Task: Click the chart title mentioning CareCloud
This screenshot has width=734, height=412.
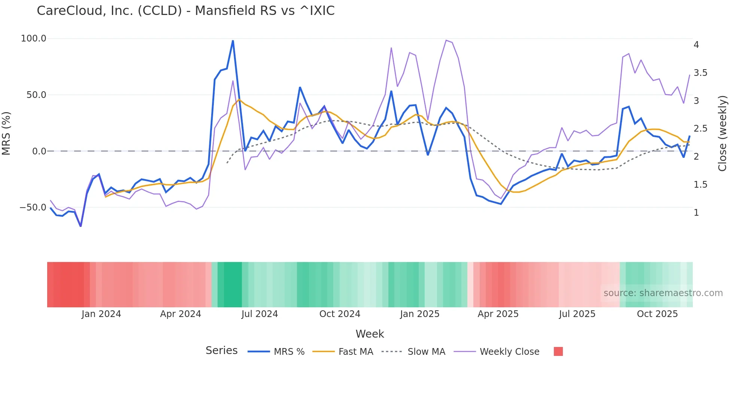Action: pyautogui.click(x=185, y=10)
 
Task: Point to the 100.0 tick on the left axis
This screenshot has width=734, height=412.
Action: pyautogui.click(x=33, y=39)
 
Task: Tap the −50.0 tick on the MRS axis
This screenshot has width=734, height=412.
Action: pyautogui.click(x=33, y=207)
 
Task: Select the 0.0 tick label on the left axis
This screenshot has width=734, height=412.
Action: pyautogui.click(x=39, y=151)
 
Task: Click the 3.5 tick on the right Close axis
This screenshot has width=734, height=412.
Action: pyautogui.click(x=700, y=73)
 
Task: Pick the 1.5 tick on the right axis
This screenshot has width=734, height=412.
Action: pyautogui.click(x=700, y=185)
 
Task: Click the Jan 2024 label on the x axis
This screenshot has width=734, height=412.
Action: pyautogui.click(x=101, y=314)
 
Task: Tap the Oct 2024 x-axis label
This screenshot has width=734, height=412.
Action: pyautogui.click(x=340, y=314)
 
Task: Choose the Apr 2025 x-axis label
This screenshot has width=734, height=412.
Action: pyautogui.click(x=498, y=314)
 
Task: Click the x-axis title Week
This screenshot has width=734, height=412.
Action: pyautogui.click(x=370, y=334)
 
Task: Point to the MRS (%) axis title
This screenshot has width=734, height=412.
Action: pyautogui.click(x=6, y=133)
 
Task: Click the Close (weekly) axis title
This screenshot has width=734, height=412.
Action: pyautogui.click(x=722, y=133)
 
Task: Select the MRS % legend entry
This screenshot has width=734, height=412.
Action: pyautogui.click(x=289, y=352)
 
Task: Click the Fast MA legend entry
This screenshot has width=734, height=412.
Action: pyautogui.click(x=355, y=352)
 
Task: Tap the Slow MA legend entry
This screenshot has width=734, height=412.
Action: pyautogui.click(x=426, y=352)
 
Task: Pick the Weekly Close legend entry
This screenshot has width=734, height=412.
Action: pyautogui.click(x=509, y=352)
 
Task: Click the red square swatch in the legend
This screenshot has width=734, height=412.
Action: pyautogui.click(x=558, y=351)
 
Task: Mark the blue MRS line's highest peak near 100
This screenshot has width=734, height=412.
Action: pyautogui.click(x=233, y=41)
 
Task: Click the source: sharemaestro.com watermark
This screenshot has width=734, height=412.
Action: pyautogui.click(x=663, y=293)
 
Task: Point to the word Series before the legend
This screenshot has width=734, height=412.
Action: pyautogui.click(x=221, y=351)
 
